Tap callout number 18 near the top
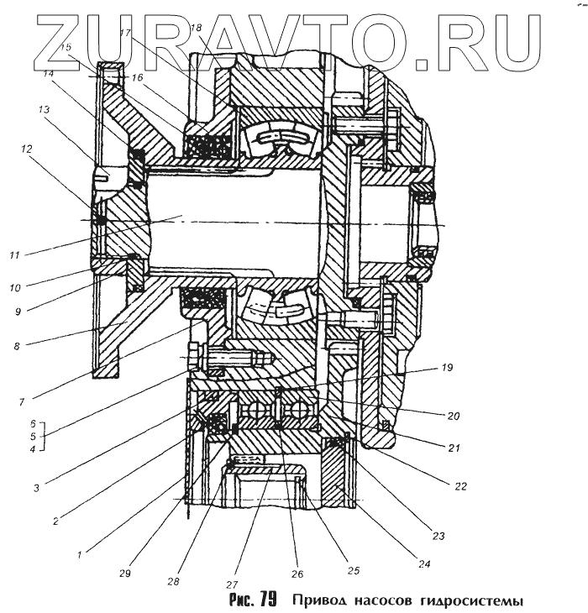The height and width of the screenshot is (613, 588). tap(197, 29)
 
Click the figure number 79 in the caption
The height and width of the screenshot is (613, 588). tap(268, 600)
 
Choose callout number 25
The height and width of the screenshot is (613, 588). tap(353, 570)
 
